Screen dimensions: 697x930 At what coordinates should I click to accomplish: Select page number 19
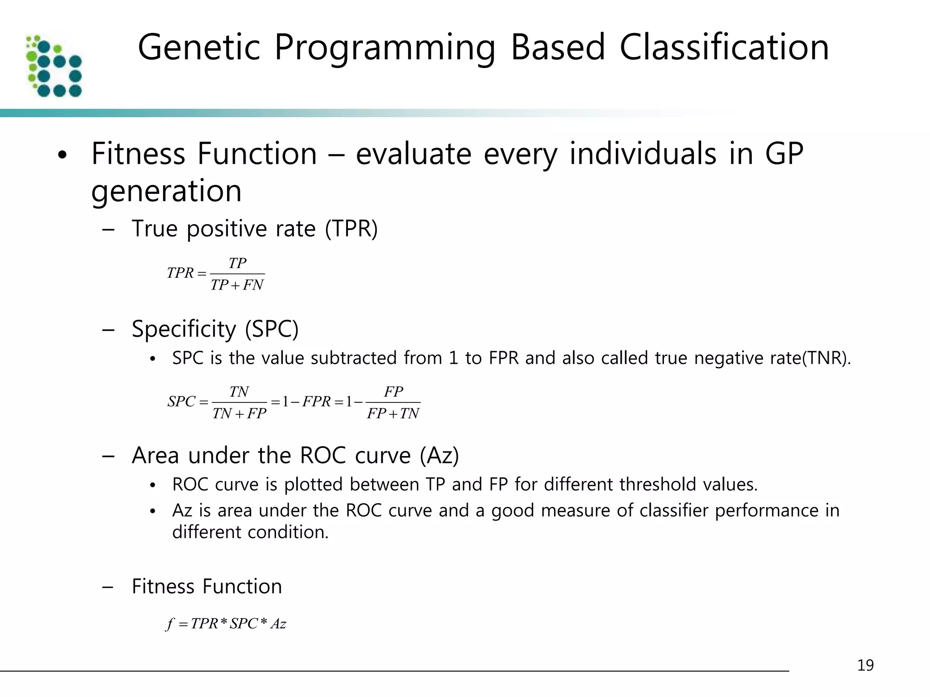[x=865, y=665]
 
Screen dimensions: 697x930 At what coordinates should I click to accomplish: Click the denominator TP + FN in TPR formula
[x=237, y=285]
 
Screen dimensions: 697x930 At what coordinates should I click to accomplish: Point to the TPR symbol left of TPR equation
[x=180, y=273]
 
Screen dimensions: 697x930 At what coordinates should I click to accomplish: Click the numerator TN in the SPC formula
[x=239, y=392]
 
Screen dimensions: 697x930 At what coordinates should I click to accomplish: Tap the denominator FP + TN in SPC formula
[x=393, y=414]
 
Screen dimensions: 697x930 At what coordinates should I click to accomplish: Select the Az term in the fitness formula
[x=278, y=624]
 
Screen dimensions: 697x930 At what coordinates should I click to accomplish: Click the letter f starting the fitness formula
[x=169, y=624]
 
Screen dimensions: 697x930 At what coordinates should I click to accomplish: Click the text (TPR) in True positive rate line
[x=351, y=228]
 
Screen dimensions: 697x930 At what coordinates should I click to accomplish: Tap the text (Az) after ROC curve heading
[x=439, y=455]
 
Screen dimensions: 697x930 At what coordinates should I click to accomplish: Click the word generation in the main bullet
[x=166, y=191]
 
